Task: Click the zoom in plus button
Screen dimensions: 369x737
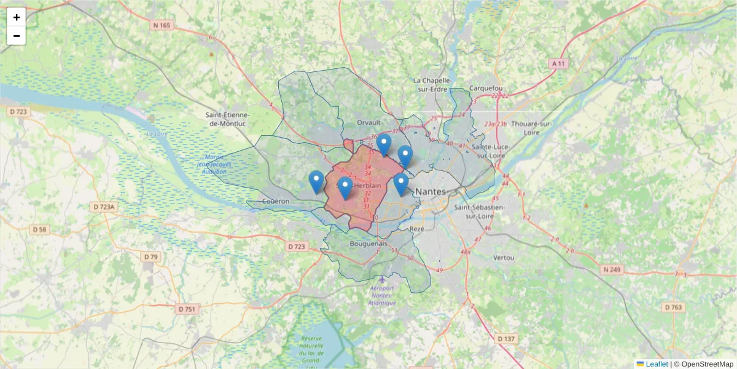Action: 17,17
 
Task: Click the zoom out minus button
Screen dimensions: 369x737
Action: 17,36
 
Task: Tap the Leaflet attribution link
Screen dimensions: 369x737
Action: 657,364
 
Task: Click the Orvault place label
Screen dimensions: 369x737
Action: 369,123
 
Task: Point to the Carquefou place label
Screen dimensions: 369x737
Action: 485,88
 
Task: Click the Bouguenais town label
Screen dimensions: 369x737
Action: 368,244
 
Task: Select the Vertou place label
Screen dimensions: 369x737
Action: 504,257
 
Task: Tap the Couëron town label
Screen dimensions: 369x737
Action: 275,201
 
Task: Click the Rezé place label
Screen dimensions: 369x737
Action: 416,228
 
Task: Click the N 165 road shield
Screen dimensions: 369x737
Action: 162,25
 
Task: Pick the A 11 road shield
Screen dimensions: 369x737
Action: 558,63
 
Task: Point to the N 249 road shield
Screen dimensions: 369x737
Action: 612,269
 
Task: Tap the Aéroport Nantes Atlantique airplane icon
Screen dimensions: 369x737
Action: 383,280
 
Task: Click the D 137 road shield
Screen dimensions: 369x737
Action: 507,339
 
